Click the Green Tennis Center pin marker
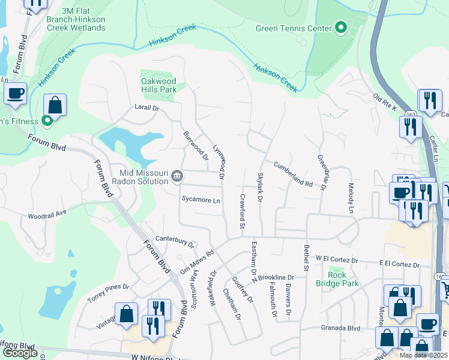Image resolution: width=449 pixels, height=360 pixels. coord(341,28)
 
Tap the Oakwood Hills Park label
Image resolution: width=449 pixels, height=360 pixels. coord(158,85)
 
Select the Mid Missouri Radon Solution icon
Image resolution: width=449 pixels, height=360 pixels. coord(177,175)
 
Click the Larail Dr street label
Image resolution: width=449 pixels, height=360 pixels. coord(146,109)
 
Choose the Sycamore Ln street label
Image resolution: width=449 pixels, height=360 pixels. coord(201,200)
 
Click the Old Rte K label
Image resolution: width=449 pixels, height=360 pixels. coord(385,101)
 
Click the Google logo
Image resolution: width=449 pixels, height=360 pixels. coord(20,353)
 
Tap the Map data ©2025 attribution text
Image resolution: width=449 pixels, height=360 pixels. coord(423,355)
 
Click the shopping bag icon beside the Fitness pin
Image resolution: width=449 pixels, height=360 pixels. coord(55,105)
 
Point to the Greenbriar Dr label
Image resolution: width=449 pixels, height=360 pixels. coord(321,172)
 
